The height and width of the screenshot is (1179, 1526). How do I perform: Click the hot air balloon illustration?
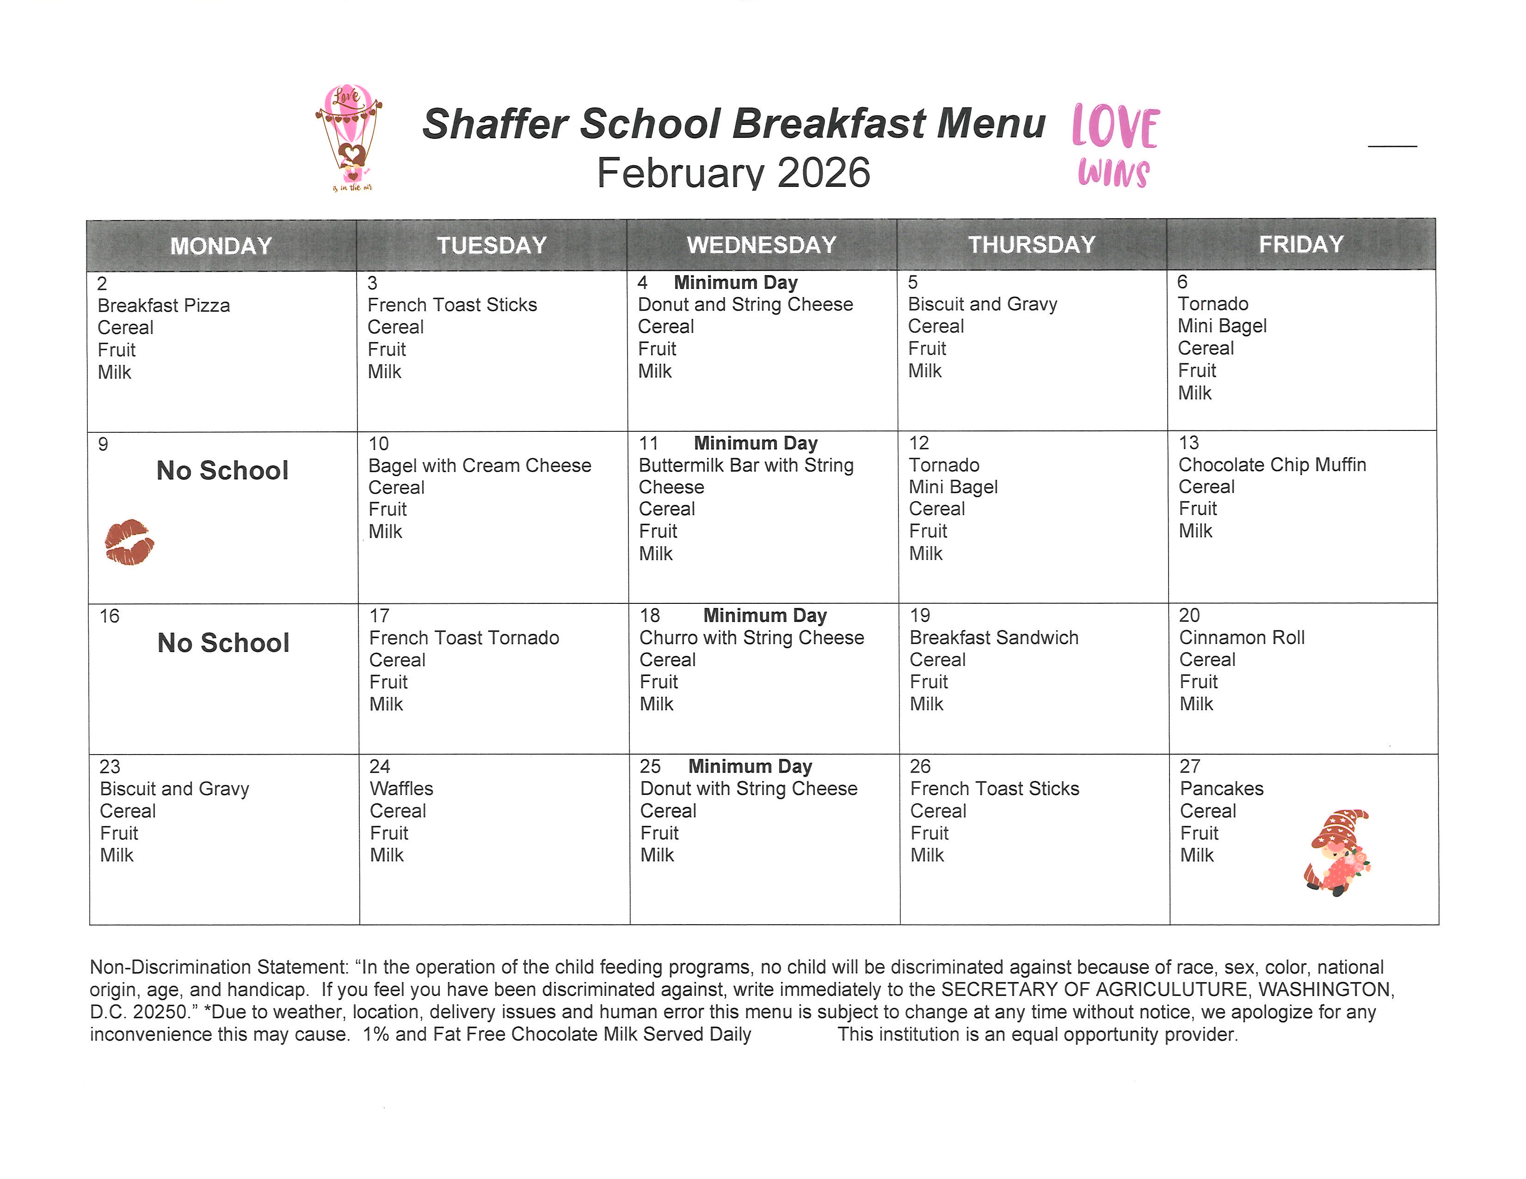[349, 136]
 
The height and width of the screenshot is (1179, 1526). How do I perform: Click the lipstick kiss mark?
[129, 542]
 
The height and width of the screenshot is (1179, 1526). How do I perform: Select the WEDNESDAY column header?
[762, 245]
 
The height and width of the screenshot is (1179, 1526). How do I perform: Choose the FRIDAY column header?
[1301, 245]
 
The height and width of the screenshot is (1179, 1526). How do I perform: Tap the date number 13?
[1188, 443]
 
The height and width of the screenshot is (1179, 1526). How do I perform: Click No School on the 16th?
[223, 643]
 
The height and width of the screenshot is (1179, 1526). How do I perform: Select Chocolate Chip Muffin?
[1272, 465]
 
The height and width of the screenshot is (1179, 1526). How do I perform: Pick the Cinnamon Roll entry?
[1242, 638]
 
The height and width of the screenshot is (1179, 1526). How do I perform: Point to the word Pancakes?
[1221, 789]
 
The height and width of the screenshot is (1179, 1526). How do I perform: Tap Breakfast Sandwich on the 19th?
[994, 638]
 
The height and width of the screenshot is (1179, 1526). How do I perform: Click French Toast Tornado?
[464, 638]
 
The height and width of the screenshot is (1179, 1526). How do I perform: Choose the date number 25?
[650, 766]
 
